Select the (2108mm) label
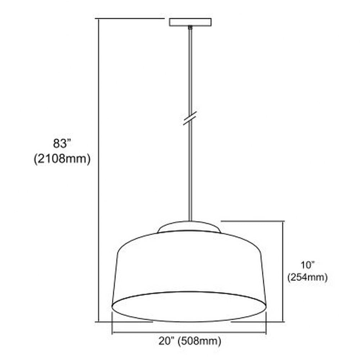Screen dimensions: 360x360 pyautogui.click(x=62, y=159)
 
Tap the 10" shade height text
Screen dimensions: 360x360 pyautogui.click(x=308, y=265)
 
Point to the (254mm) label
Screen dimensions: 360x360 pyautogui.click(x=308, y=278)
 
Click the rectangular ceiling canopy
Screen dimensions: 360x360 pyautogui.click(x=190, y=22)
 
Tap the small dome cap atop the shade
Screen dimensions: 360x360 pyautogui.click(x=189, y=227)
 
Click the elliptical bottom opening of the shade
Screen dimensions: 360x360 pyautogui.click(x=189, y=306)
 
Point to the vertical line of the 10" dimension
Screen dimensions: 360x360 pyautogui.click(x=283, y=270)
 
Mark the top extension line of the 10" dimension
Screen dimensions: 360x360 pyautogui.click(x=252, y=221)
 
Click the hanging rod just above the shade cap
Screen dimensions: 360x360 pyautogui.click(x=190, y=212)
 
